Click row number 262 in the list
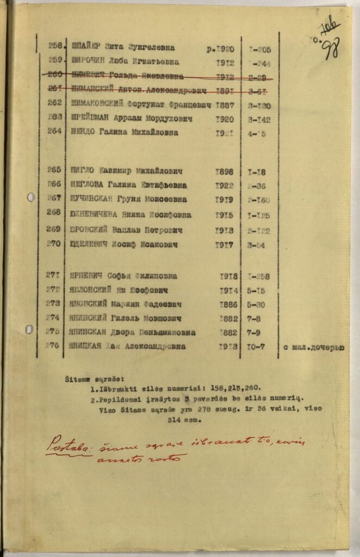pyautogui.click(x=54, y=105)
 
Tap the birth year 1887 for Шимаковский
pyautogui.click(x=224, y=104)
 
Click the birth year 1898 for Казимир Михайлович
pyautogui.click(x=224, y=171)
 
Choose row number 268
pyautogui.click(x=54, y=212)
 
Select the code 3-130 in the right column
pyautogui.click(x=259, y=106)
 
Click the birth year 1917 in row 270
pyautogui.click(x=224, y=245)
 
